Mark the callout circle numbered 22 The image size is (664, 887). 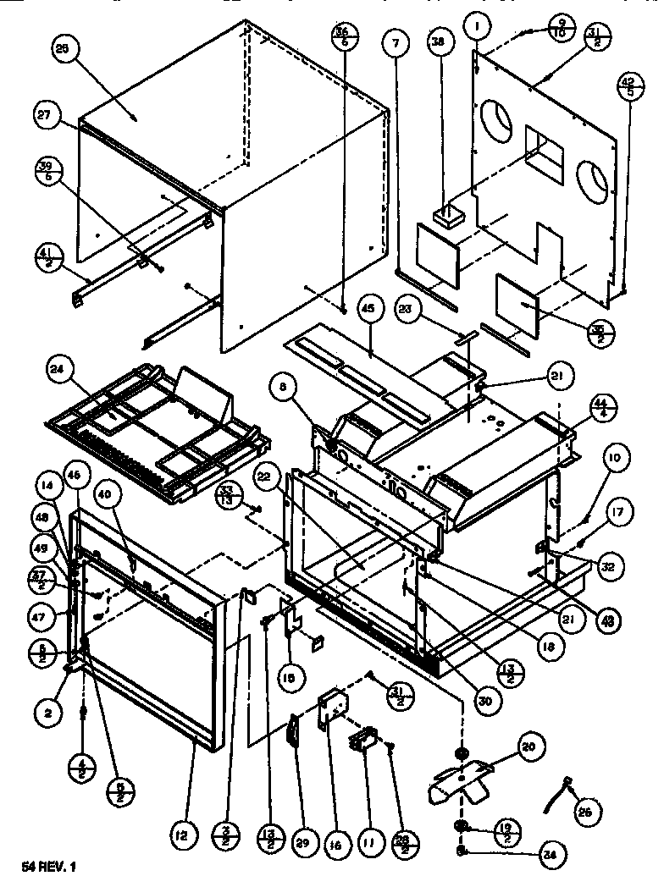pos(267,478)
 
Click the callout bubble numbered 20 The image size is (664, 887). pos(528,747)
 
